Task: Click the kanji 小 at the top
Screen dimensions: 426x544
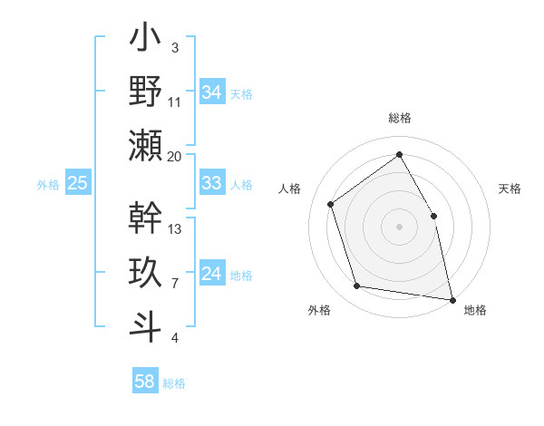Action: click(x=145, y=40)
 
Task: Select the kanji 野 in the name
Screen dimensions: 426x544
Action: click(x=145, y=92)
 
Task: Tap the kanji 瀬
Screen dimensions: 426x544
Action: click(x=145, y=145)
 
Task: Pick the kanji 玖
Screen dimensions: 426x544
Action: click(x=145, y=272)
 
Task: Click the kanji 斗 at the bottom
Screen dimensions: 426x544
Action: click(x=145, y=324)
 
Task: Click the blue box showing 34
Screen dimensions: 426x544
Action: click(x=212, y=92)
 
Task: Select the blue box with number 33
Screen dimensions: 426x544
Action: click(x=212, y=183)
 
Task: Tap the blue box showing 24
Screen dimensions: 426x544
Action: click(x=212, y=274)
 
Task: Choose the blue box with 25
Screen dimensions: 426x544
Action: click(x=78, y=183)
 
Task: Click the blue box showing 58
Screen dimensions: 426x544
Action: click(x=145, y=382)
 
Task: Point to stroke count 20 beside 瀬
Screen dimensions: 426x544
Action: click(x=175, y=157)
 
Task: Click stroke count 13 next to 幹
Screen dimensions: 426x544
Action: click(x=175, y=229)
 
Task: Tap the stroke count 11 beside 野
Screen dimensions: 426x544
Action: click(x=175, y=102)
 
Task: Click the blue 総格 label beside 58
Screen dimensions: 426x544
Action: click(x=175, y=382)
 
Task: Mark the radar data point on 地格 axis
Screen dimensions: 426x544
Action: click(x=452, y=298)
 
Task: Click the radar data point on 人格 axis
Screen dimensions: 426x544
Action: click(x=331, y=204)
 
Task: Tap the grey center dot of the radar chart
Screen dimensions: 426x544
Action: click(x=399, y=226)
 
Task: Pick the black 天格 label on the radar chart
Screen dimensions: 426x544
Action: click(x=510, y=189)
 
